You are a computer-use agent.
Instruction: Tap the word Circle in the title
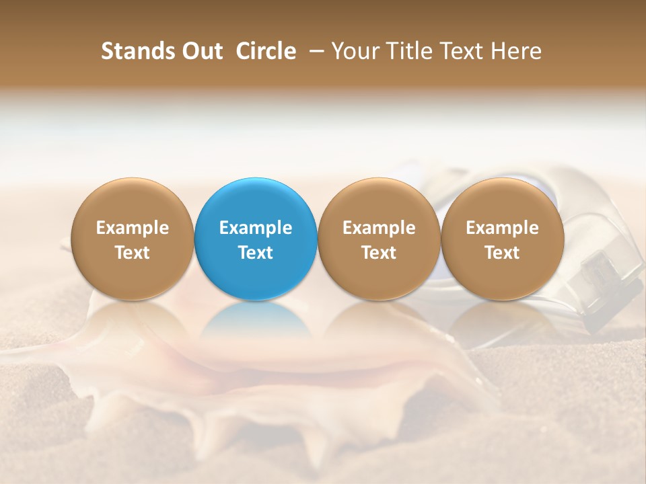[x=266, y=51]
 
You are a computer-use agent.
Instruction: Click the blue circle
[x=256, y=202]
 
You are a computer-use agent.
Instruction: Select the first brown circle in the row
[x=132, y=202]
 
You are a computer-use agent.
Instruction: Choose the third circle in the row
[x=379, y=202]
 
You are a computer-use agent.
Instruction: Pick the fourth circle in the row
[x=502, y=202]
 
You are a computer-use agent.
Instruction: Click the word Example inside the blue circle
[x=256, y=229]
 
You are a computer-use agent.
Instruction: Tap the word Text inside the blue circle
[x=256, y=253]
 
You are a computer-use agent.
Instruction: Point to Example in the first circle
[x=132, y=229]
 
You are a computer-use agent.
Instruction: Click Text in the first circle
[x=132, y=253]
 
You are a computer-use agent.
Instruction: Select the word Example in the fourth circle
[x=502, y=229]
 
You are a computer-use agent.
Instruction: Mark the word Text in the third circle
[x=379, y=253]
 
